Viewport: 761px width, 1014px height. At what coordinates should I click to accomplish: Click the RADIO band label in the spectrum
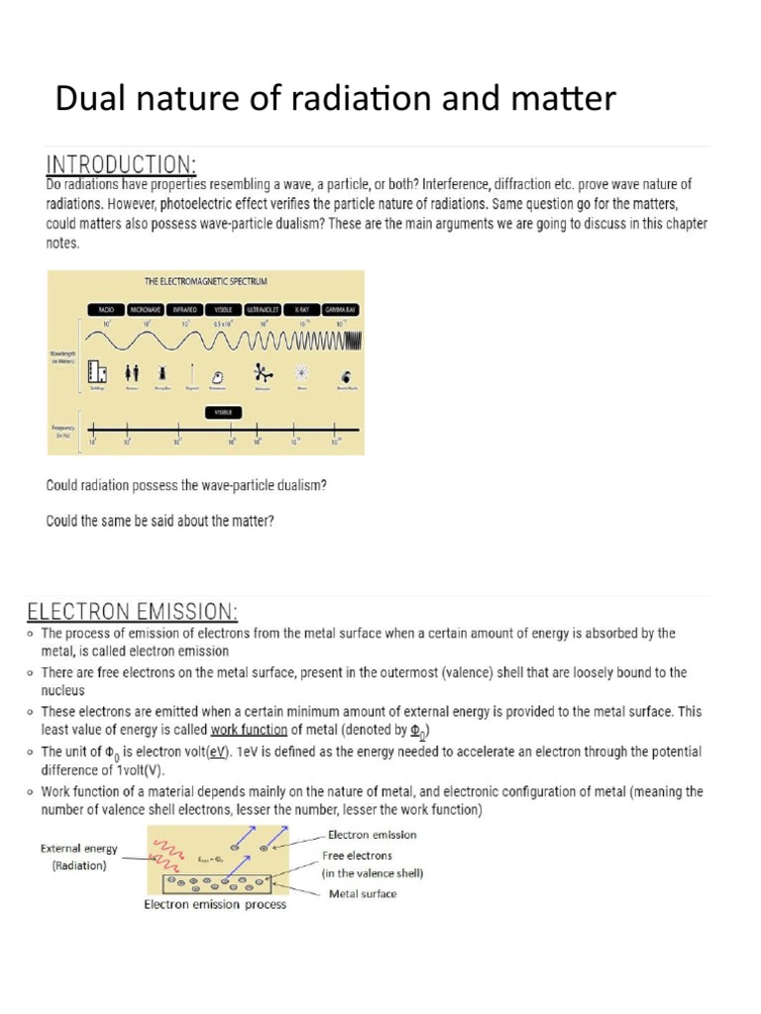click(104, 310)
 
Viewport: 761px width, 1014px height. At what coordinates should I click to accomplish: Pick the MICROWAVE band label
click(145, 310)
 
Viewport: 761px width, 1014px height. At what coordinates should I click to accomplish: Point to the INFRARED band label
click(187, 310)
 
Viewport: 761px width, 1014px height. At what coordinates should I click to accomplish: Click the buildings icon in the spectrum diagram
click(97, 371)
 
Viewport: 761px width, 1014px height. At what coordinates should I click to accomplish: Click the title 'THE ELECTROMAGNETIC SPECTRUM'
click(206, 282)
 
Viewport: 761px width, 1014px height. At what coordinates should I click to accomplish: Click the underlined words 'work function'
click(249, 731)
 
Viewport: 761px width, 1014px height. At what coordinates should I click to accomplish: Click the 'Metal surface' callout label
click(363, 893)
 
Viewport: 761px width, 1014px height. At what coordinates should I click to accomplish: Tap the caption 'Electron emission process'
click(215, 905)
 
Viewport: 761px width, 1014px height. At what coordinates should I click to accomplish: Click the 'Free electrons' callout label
click(358, 855)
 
